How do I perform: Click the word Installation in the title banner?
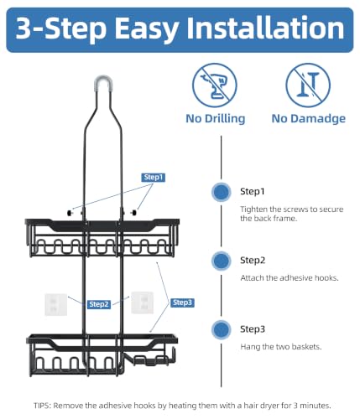265,28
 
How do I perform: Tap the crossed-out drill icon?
215,85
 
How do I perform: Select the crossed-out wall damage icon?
308,85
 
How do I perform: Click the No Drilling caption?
216,119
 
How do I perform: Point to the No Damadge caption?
309,119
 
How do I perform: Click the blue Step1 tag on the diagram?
154,178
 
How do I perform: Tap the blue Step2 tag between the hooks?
99,304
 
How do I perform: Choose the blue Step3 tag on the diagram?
182,303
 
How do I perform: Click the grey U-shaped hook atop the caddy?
103,81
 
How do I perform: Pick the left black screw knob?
70,213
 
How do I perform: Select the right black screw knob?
134,213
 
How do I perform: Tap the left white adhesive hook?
56,305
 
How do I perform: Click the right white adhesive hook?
143,303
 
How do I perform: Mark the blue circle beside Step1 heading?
222,192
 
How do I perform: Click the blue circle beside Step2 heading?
222,261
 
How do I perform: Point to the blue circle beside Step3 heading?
222,329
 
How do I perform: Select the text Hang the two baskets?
281,347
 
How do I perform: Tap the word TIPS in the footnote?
42,406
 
